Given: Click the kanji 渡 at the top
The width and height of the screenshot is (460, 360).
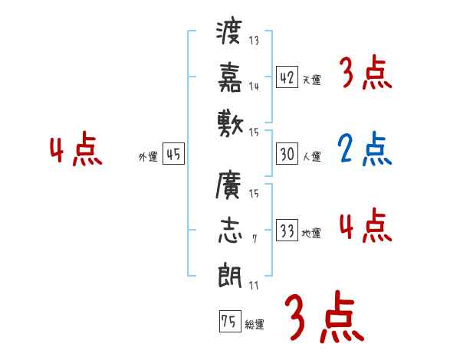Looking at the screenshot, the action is pos(230,35).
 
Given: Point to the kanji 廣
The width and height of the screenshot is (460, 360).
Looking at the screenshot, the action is pos(230,186).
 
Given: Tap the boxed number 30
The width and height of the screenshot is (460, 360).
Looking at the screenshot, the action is pos(287,155).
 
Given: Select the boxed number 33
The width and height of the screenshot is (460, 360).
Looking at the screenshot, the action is pos(287,231).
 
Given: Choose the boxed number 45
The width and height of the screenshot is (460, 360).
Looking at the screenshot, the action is pos(173,155).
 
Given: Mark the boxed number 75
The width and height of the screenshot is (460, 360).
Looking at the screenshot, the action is pos(229,322).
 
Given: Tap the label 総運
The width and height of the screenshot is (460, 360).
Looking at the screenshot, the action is pos(255,325).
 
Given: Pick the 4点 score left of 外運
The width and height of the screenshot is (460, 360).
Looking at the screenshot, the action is pos(75,150).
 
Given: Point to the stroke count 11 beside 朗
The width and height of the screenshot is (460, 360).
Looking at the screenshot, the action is pos(254,285).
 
